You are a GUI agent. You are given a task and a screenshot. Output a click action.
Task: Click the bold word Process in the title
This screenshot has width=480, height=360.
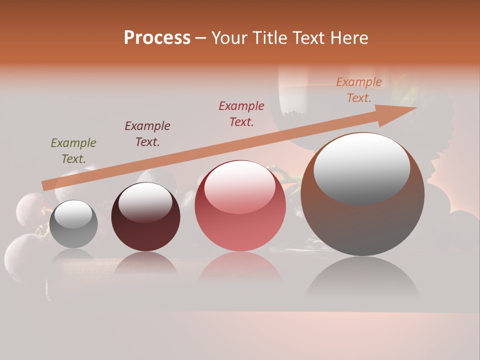(157, 38)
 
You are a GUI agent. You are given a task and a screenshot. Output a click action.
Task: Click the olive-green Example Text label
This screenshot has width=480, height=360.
(73, 151)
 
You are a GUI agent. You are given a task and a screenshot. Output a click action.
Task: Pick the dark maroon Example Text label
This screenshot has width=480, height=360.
(147, 134)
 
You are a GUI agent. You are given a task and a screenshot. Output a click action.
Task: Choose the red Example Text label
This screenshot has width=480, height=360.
(241, 114)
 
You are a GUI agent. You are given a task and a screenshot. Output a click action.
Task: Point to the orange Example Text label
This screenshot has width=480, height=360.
(359, 90)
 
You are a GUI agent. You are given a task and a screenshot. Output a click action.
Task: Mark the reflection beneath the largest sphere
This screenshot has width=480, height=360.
(362, 280)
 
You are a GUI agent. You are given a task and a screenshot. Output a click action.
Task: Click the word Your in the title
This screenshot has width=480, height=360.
(228, 38)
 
